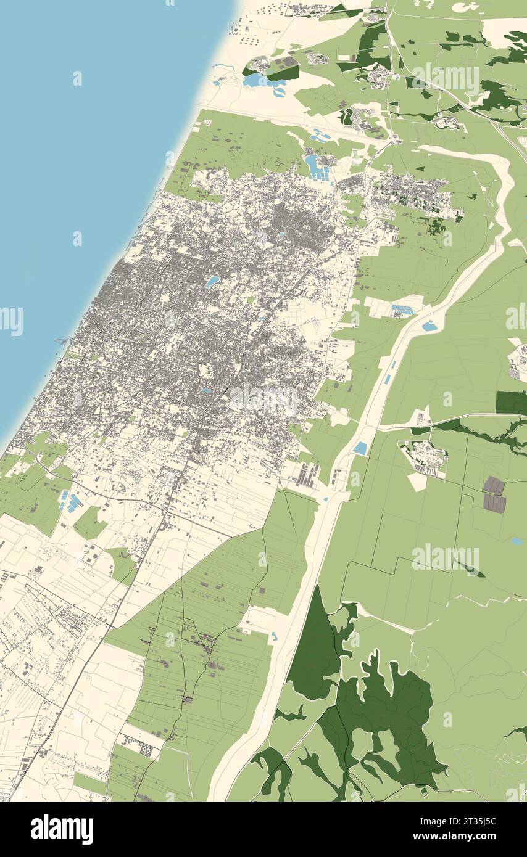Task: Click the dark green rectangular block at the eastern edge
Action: (x=511, y=403)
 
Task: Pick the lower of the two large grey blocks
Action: (x=494, y=503)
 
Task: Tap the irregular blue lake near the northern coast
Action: (x=259, y=80)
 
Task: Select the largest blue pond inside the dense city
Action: (x=212, y=281)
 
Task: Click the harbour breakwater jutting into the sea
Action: (x=62, y=341)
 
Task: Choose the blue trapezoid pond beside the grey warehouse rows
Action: (x=360, y=448)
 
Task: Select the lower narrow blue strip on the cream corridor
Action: (x=386, y=380)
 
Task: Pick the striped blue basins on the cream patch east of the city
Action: (x=402, y=310)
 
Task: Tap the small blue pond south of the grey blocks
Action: (x=517, y=541)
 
